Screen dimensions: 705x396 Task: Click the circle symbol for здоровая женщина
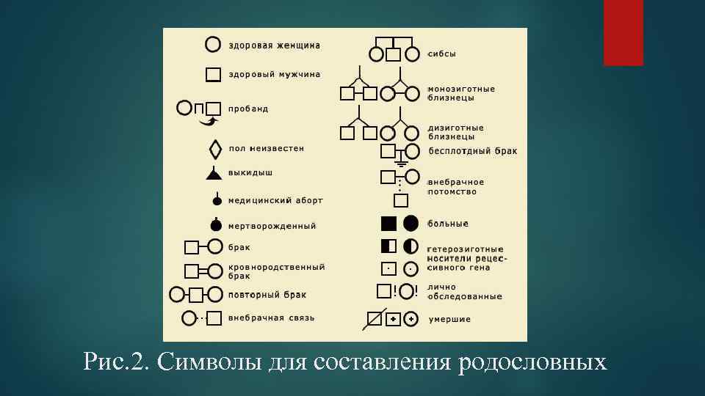coord(212,45)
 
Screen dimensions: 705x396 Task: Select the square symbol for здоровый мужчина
coord(213,74)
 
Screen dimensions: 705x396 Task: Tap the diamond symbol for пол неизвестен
coord(215,149)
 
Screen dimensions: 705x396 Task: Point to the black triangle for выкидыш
coord(214,173)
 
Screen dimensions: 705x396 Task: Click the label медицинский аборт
coord(275,199)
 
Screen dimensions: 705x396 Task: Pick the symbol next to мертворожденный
coord(216,225)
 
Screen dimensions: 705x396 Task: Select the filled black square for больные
coord(388,223)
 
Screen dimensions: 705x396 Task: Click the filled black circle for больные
coord(411,223)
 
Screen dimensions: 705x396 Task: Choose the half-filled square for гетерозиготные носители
coord(388,246)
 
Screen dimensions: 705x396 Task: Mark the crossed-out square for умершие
coord(376,319)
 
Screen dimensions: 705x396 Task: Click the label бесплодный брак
coord(472,151)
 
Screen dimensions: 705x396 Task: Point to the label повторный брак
coord(267,295)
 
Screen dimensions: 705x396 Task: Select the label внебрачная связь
coord(271,318)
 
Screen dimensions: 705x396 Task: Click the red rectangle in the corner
coord(623,32)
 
